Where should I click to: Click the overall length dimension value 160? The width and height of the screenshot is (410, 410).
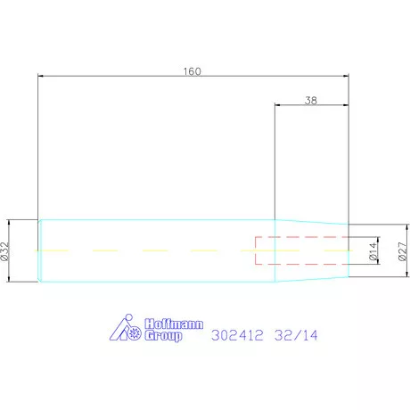193,71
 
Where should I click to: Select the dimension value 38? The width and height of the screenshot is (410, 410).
311,101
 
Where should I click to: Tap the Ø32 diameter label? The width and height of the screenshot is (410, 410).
5,251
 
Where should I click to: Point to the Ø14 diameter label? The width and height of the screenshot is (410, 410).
374,251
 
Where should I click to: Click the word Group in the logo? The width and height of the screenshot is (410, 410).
162,336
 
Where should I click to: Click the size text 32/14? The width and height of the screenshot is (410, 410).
297,336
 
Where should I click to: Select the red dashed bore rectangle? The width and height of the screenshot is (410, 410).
300,251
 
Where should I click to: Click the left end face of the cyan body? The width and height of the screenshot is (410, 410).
38,251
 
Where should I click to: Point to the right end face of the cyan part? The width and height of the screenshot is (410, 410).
348,251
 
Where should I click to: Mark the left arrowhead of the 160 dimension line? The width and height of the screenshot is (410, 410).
42,78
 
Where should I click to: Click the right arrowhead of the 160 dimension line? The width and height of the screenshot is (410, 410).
344,78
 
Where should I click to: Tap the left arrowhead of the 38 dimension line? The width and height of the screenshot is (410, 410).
278,107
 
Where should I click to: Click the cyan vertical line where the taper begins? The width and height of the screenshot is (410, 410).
275,251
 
